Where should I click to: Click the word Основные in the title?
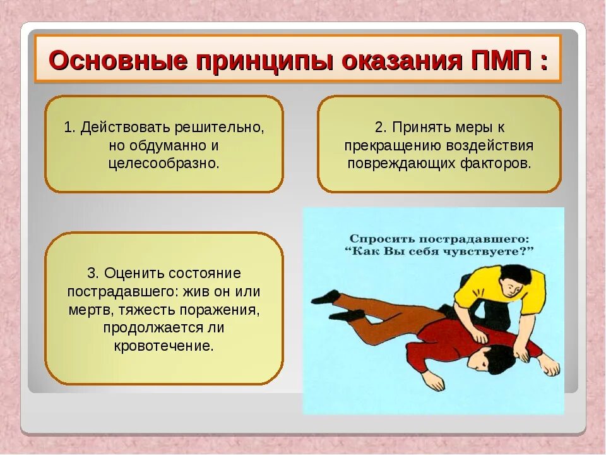(118, 61)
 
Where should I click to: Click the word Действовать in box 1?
(120, 127)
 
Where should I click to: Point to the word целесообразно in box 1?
(163, 163)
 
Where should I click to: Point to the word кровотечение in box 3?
(163, 346)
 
